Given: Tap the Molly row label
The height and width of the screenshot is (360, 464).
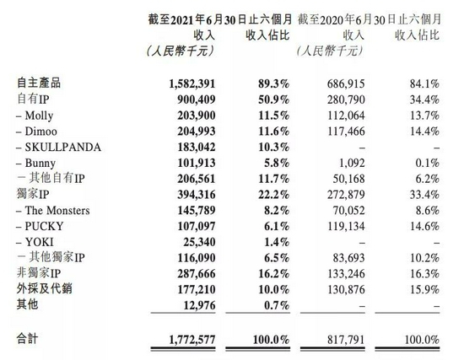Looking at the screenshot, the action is click(x=40, y=116).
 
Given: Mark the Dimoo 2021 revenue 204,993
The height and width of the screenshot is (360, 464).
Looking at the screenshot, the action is click(x=193, y=132).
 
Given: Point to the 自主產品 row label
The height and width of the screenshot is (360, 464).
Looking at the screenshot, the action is click(x=40, y=84).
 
